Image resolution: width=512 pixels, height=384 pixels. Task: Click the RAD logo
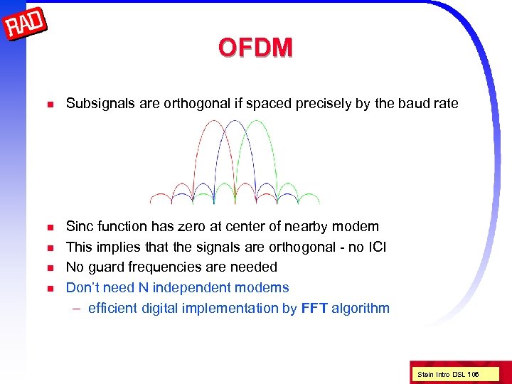pyautogui.click(x=26, y=26)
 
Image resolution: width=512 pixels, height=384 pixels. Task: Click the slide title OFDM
pyautogui.click(x=255, y=48)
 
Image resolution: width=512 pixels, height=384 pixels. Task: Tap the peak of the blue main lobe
pyautogui.click(x=234, y=121)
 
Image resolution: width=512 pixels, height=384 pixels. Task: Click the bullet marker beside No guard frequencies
pyautogui.click(x=50, y=268)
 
